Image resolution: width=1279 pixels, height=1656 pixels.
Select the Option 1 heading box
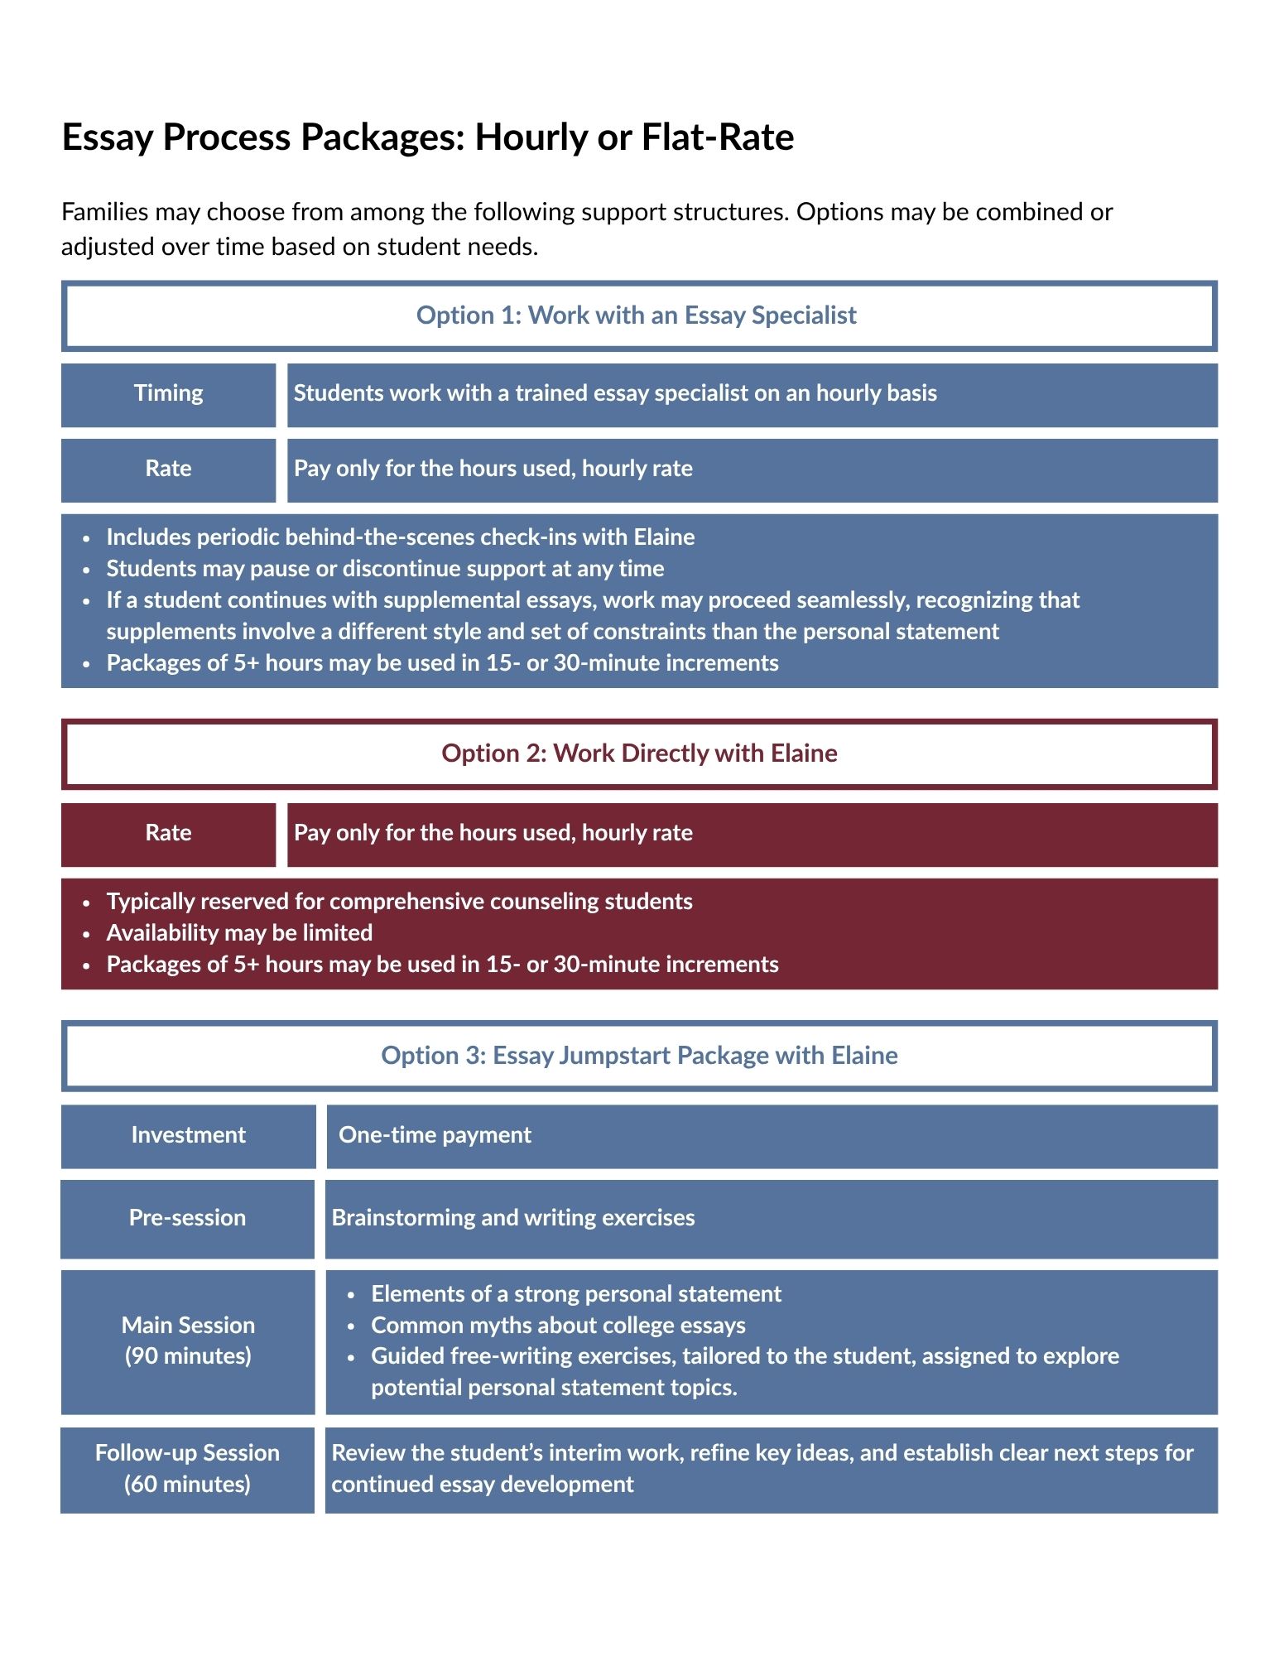[638, 315]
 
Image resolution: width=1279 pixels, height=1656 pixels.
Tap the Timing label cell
[168, 393]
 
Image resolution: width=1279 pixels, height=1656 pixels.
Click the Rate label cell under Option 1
[168, 469]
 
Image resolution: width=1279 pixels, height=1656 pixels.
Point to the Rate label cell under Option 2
[168, 833]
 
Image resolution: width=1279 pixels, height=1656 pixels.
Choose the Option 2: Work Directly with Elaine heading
[638, 753]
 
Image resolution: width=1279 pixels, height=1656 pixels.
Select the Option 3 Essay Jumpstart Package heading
[638, 1056]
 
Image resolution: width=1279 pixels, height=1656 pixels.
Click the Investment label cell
[188, 1135]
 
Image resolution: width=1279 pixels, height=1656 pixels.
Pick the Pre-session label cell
[187, 1218]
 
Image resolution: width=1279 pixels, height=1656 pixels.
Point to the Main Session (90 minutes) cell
[188, 1341]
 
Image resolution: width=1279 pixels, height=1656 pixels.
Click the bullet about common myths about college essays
[558, 1326]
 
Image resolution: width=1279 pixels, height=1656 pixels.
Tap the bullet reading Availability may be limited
[239, 933]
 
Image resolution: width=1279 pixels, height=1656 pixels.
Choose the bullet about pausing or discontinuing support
[385, 569]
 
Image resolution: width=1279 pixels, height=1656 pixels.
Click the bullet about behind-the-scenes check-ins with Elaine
[400, 537]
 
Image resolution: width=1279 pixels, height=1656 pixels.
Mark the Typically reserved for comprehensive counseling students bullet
[399, 902]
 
